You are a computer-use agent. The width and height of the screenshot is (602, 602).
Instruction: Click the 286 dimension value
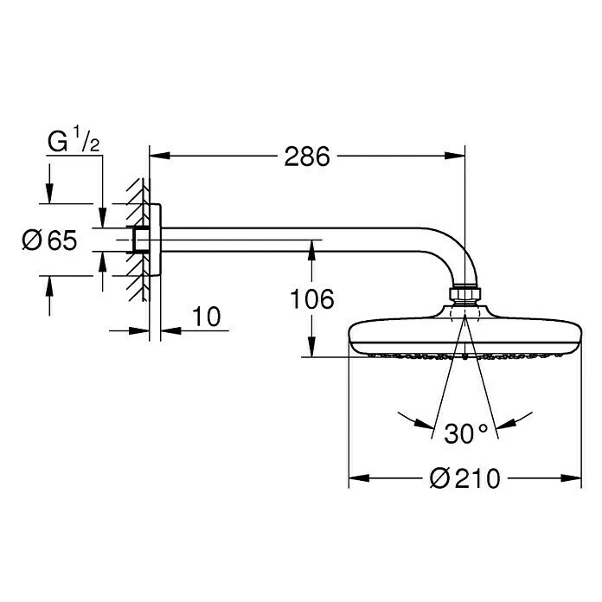tap(307, 157)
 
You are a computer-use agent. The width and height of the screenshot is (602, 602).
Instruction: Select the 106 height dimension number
tap(311, 299)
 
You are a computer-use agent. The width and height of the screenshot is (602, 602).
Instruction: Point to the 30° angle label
tap(467, 432)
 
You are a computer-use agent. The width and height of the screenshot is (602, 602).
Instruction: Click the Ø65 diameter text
tap(48, 240)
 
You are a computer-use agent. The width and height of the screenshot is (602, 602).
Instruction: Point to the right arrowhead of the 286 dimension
tap(458, 157)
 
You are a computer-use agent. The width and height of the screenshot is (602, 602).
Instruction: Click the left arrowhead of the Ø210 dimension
tap(356, 477)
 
